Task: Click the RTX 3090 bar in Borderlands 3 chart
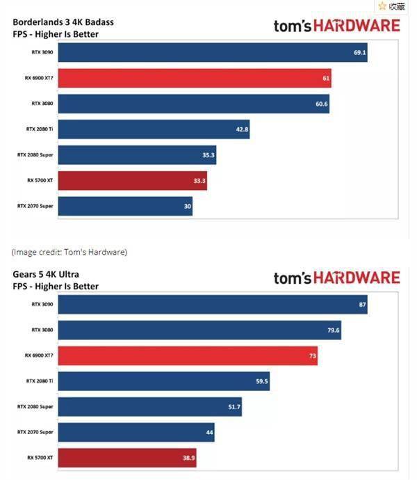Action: (213, 52)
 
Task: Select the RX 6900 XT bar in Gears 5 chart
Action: (188, 355)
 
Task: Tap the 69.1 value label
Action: (359, 53)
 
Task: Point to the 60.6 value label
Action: (322, 104)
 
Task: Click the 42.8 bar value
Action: (242, 129)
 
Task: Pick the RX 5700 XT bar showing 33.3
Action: (133, 181)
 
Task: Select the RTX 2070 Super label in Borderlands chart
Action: (35, 206)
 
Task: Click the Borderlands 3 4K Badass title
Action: (63, 22)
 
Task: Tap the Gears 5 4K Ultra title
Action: (46, 274)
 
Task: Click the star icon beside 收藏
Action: (382, 6)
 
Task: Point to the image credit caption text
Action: (69, 252)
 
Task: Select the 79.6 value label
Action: (333, 330)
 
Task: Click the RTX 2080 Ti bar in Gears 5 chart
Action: (164, 381)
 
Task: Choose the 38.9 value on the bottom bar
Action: (189, 458)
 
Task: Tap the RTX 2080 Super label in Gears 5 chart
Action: (35, 406)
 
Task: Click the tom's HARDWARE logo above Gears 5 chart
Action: (337, 278)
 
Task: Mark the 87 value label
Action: (362, 305)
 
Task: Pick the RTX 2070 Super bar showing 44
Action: (136, 432)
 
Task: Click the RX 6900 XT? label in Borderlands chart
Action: (39, 78)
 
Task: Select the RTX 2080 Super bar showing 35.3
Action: (137, 155)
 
